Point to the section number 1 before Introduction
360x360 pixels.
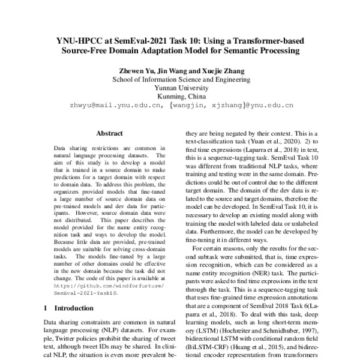click(x=46, y=308)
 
